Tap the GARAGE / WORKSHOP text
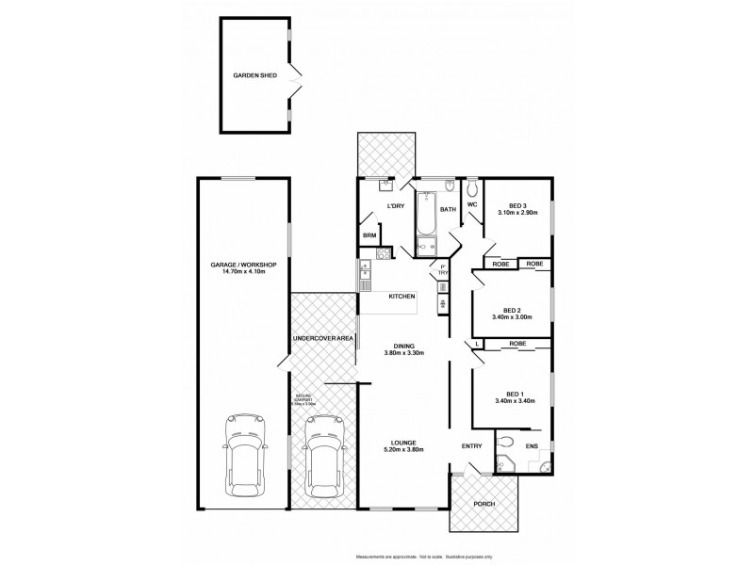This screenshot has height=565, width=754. tap(242, 268)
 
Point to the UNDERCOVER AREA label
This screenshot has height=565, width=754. tap(323, 337)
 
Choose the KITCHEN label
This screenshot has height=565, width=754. tap(402, 297)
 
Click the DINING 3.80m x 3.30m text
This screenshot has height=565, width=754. tap(403, 350)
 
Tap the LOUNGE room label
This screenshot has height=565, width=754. tap(403, 445)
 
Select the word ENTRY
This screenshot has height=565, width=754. tap(471, 446)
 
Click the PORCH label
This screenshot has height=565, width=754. tap(484, 504)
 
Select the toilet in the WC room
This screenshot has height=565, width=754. tap(471, 186)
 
